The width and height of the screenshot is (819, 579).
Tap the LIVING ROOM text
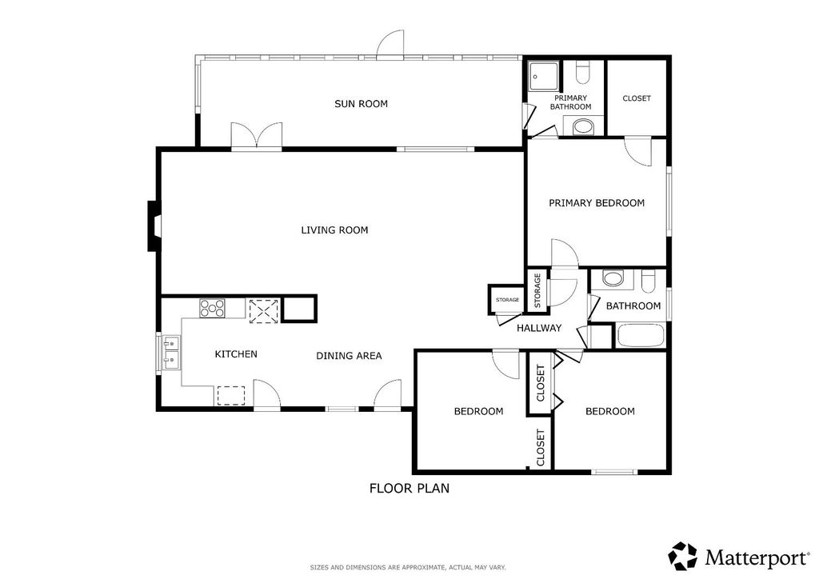(334, 230)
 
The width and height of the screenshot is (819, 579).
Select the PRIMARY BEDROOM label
(596, 203)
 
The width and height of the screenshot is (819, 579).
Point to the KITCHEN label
(236, 353)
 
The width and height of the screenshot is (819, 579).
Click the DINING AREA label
(349, 356)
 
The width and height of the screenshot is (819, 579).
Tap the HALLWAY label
(538, 328)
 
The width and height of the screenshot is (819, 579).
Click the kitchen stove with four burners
(214, 308)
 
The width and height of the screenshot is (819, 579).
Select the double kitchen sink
(170, 353)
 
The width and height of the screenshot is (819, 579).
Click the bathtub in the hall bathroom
(640, 336)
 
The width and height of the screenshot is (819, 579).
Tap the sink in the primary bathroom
(584, 126)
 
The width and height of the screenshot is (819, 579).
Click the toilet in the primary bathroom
(583, 75)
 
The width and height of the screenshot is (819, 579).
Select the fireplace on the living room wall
(152, 226)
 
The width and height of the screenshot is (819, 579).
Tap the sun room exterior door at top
(392, 44)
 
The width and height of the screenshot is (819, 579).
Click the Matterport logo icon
(682, 556)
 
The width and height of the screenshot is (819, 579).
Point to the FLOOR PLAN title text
(409, 488)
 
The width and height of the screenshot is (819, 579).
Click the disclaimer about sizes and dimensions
(408, 567)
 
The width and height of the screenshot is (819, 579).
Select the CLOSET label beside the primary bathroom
(637, 98)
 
